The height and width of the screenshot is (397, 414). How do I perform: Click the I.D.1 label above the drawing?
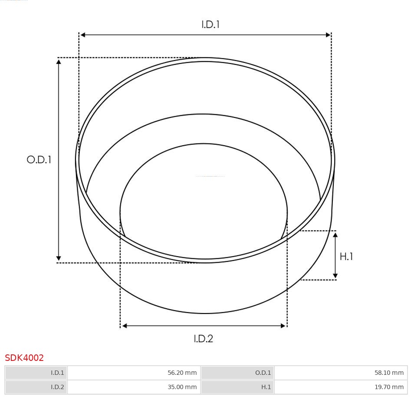click(x=210, y=25)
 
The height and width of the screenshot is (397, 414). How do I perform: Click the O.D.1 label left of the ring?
click(x=39, y=160)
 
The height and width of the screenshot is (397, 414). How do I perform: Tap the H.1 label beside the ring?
click(x=346, y=257)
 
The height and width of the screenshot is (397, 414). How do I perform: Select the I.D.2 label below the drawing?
click(x=203, y=338)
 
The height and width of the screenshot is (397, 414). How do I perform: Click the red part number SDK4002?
click(x=24, y=358)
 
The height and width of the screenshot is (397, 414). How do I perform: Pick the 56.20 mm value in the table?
click(x=182, y=373)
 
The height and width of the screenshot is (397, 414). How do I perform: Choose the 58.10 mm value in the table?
click(x=389, y=373)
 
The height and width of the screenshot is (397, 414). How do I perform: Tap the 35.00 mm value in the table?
click(x=182, y=387)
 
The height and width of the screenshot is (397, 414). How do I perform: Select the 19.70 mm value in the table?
click(x=389, y=387)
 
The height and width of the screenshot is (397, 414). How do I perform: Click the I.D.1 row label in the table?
click(x=57, y=373)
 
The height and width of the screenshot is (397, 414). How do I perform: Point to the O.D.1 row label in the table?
click(x=263, y=373)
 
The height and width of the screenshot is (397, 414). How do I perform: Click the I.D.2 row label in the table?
click(x=57, y=387)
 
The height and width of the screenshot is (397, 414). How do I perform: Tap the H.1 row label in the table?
click(x=266, y=387)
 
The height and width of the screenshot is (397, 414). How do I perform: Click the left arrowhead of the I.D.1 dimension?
click(x=82, y=35)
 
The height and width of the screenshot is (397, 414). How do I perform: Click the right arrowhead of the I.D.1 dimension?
click(x=329, y=35)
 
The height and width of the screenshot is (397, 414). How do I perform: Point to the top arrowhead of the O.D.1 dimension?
click(x=59, y=61)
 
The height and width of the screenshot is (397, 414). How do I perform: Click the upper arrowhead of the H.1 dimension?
click(x=335, y=235)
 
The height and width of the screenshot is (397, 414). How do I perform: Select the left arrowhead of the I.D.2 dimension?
click(x=124, y=326)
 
